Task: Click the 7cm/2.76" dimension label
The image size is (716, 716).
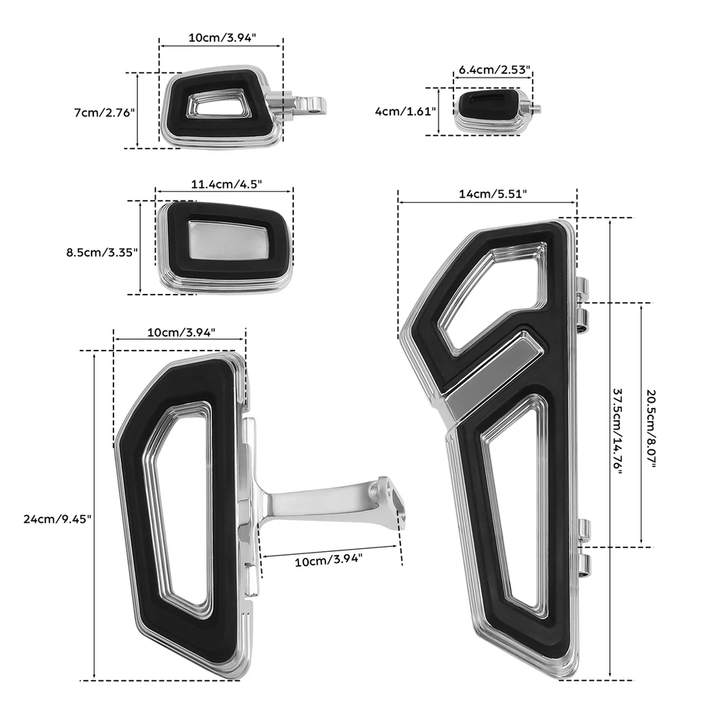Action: point(104,113)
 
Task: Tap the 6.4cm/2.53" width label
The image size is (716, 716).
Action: point(493,70)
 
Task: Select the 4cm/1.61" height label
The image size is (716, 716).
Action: point(405,110)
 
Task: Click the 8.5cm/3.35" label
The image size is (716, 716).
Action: point(102,252)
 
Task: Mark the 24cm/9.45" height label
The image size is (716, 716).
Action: point(57,519)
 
